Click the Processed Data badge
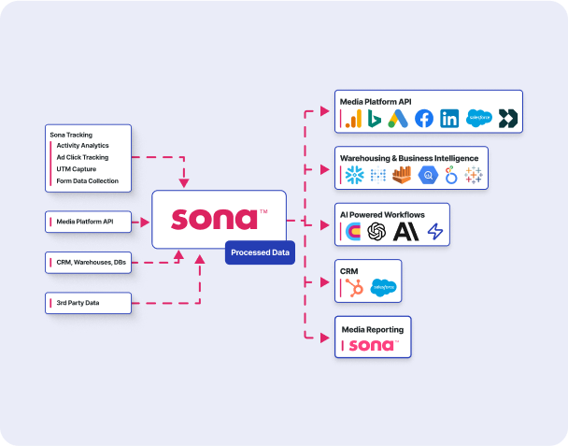(260, 252)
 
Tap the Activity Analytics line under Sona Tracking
(82, 146)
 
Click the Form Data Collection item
(87, 180)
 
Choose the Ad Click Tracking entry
(82, 157)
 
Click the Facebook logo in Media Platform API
(424, 119)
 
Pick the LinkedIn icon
(449, 119)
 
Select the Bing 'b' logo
(375, 119)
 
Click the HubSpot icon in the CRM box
(355, 288)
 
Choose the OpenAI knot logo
(377, 231)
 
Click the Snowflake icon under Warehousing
(354, 175)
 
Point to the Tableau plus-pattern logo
(474, 175)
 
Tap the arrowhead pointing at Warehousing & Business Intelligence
(325, 170)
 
